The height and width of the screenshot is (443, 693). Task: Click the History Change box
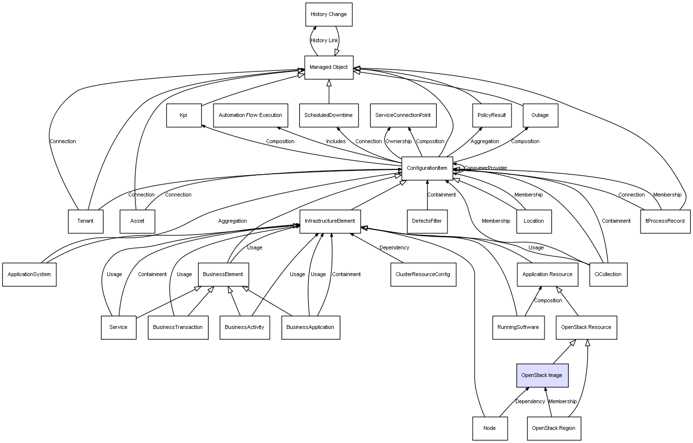tap(329, 15)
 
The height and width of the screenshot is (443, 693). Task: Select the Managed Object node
tap(329, 67)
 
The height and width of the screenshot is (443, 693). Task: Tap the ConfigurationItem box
tap(427, 168)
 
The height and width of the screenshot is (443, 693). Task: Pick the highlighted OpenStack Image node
tap(542, 376)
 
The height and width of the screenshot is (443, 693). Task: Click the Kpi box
tap(183, 115)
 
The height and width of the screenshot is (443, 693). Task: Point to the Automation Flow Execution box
tap(250, 115)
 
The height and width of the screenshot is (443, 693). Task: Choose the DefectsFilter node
tap(427, 221)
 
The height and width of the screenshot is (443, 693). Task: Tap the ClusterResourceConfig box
tap(423, 275)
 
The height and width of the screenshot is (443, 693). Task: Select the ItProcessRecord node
tap(665, 221)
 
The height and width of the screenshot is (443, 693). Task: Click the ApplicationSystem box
tap(29, 275)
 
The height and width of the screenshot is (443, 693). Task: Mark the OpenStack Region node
tap(553, 428)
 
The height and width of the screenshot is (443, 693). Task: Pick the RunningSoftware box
tap(518, 328)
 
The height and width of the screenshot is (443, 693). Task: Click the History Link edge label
tap(324, 41)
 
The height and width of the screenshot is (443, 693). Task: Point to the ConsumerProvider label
tap(485, 168)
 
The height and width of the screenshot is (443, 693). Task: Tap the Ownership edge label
tap(398, 142)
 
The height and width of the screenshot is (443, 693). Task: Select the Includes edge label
tap(336, 142)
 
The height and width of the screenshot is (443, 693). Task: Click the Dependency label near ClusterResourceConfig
tap(394, 248)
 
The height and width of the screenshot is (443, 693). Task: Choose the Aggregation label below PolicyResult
tap(485, 142)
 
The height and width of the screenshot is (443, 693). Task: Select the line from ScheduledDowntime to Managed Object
tap(329, 92)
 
